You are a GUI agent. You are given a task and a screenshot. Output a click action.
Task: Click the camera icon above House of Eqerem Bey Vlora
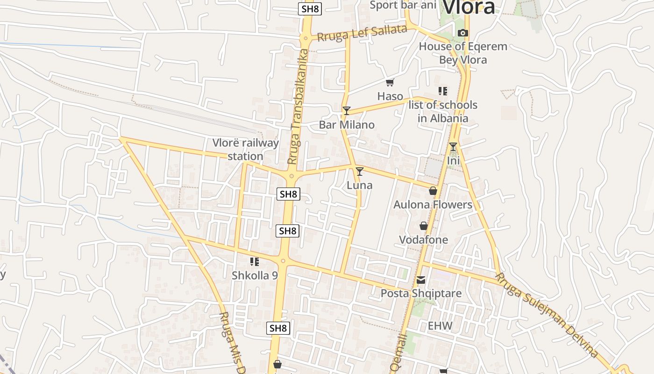tap(463, 33)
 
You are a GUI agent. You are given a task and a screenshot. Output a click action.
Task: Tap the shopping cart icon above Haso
tap(390, 83)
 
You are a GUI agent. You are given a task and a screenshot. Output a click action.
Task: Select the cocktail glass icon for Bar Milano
tap(346, 110)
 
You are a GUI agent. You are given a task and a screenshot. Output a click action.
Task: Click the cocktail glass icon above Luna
tap(359, 172)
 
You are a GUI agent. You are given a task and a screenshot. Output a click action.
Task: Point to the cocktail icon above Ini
tap(453, 147)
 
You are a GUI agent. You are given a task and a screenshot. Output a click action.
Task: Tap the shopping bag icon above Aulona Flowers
tap(433, 191)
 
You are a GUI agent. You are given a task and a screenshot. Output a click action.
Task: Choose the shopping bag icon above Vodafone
tap(423, 226)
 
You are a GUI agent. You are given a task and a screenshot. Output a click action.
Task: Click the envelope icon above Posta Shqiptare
tap(421, 280)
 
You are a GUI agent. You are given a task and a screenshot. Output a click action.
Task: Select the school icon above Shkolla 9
tap(255, 262)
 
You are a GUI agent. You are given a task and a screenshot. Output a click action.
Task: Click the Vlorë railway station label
tap(246, 150)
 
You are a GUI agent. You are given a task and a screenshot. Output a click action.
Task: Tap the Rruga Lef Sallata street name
tap(362, 33)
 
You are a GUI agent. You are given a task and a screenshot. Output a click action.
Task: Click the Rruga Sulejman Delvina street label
tap(547, 316)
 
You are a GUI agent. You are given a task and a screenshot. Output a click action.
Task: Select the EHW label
tap(440, 326)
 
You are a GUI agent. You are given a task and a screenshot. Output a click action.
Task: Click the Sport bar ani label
tap(403, 5)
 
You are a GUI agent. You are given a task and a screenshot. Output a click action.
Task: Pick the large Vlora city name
tap(469, 7)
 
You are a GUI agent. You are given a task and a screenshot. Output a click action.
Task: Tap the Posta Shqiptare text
tap(421, 294)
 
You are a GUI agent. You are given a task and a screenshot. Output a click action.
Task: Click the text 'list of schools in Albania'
tap(443, 111)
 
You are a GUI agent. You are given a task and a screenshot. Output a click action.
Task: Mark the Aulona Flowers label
tap(433, 205)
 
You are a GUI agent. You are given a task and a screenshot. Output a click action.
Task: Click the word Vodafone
tap(423, 240)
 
